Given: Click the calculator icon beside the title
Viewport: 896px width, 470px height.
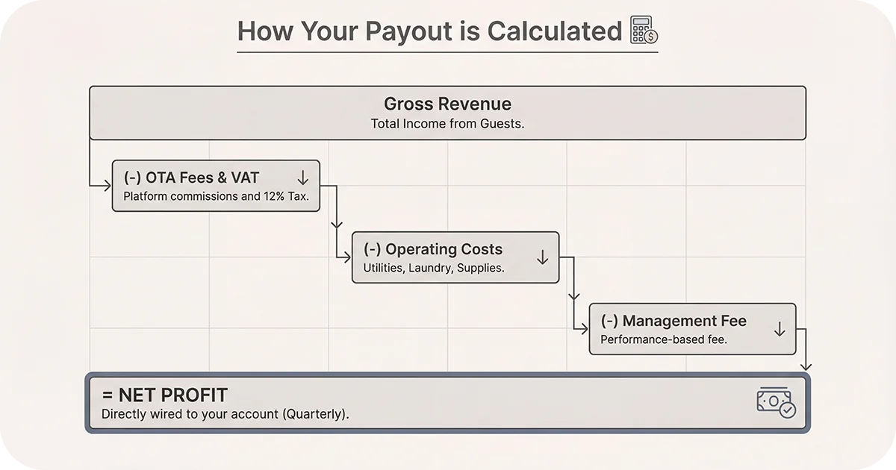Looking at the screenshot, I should [644, 31].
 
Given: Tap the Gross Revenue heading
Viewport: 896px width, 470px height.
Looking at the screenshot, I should [447, 104].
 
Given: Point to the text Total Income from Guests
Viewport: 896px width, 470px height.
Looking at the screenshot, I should [447, 124].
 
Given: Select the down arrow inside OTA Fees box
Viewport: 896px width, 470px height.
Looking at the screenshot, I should [302, 178].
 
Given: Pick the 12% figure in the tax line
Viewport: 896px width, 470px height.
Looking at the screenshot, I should [276, 197].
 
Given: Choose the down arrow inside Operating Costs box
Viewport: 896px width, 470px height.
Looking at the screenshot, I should [543, 257].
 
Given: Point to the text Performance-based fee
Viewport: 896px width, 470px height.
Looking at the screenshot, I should [664, 339].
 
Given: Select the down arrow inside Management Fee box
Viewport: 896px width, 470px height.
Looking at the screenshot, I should [780, 329].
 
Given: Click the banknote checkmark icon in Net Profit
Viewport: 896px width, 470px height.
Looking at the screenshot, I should [777, 402].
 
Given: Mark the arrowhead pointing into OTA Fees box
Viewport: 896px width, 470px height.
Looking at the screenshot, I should [108, 186].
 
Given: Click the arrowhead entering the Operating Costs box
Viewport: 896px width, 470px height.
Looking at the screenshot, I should [347, 257].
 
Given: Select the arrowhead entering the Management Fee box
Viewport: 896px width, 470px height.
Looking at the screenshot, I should [585, 328].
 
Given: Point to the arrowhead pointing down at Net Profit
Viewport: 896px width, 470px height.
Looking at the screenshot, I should [806, 366].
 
